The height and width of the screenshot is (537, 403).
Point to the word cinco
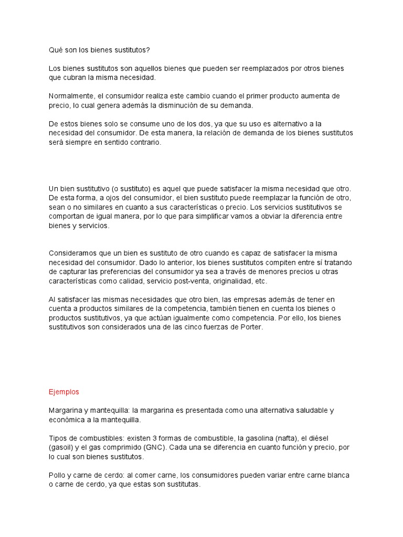(202, 327)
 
